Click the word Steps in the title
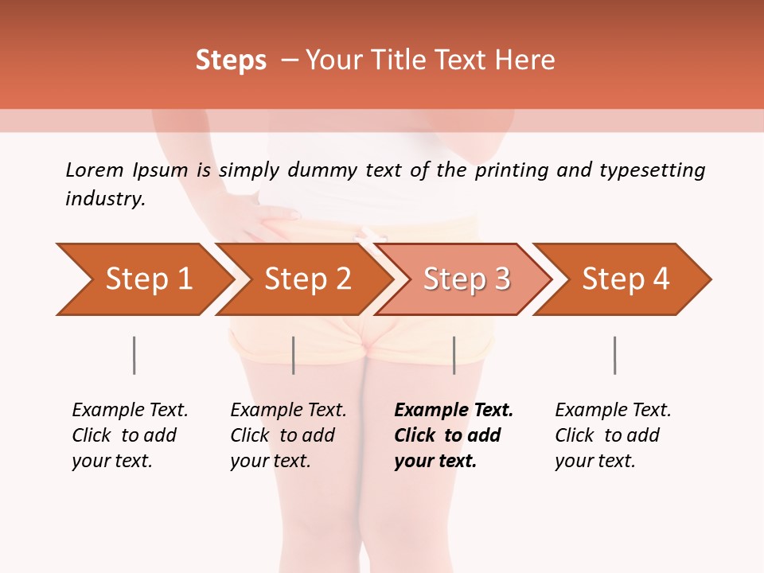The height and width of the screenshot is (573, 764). tap(231, 60)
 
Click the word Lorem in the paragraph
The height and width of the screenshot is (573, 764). tap(95, 170)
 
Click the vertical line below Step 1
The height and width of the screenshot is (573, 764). tap(134, 355)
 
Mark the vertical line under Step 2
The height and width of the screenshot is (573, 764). tap(294, 355)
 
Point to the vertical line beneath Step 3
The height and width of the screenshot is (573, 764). tap(454, 355)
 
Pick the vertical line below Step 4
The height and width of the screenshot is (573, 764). tap(614, 355)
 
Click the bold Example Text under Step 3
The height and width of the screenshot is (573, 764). tap(454, 411)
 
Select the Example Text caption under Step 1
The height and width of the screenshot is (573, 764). tap(130, 411)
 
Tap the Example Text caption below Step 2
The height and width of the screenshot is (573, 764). tap(288, 411)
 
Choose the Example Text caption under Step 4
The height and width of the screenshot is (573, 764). tap(613, 411)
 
